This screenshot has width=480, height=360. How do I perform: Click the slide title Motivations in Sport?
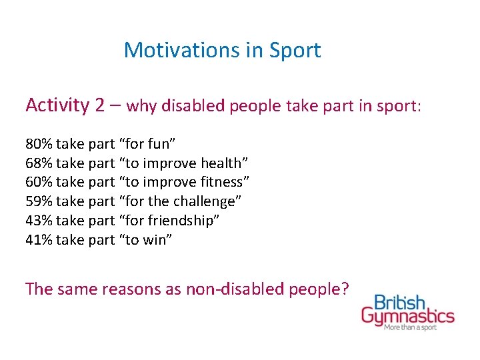(x=222, y=50)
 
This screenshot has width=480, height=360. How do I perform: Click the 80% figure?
(x=39, y=144)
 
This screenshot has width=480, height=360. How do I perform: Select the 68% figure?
(x=39, y=163)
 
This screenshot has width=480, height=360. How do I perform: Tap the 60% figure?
(x=39, y=182)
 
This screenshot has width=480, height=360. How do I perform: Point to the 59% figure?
(x=39, y=201)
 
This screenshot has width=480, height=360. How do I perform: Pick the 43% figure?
(x=39, y=221)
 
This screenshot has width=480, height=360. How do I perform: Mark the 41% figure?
(x=39, y=240)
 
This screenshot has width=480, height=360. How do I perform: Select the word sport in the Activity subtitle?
(x=400, y=106)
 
